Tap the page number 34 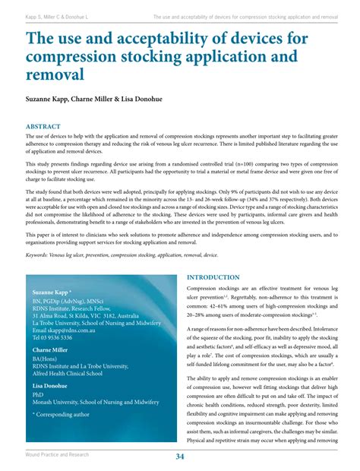pos(180,456)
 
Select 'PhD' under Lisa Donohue pos(38,395)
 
